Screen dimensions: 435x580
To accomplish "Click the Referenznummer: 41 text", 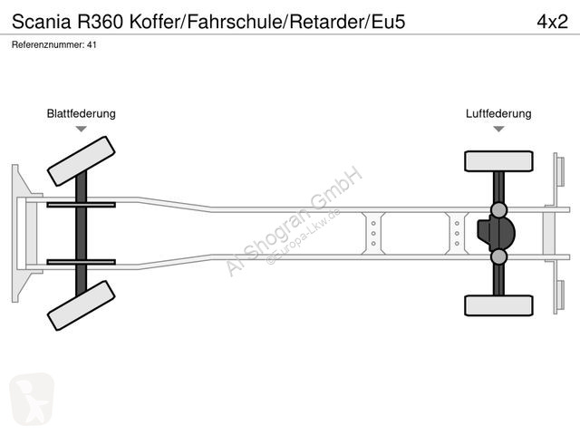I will (x=54, y=44).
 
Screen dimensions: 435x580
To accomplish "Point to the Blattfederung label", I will (x=82, y=114).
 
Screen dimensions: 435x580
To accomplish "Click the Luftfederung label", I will (x=498, y=114).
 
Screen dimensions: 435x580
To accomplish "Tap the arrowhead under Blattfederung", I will (x=82, y=130).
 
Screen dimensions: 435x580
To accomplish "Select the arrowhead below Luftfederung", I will (x=498, y=130).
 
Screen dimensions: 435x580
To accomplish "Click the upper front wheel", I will (x=81, y=161).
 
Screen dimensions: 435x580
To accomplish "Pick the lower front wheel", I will (x=81, y=305).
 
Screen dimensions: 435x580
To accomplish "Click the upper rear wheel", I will (x=498, y=161).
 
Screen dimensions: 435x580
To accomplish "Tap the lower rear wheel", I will (x=498, y=305).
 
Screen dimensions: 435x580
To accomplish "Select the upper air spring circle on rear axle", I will (x=498, y=210).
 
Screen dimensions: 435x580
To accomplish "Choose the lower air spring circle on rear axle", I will (x=498, y=257).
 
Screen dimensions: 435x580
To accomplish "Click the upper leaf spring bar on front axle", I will (x=81, y=205).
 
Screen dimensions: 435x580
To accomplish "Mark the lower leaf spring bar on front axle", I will (x=81, y=262).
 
